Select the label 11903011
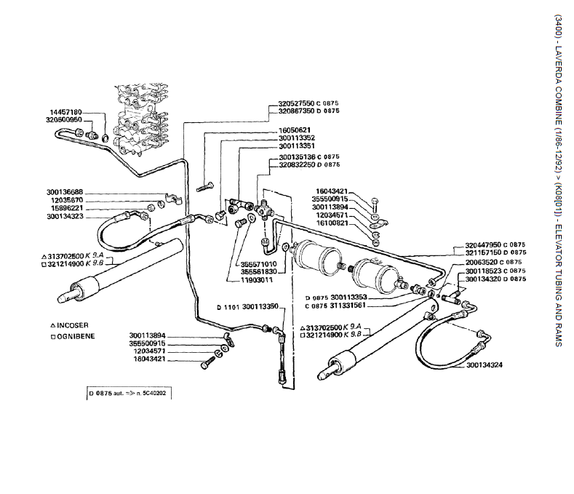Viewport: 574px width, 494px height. pos(258,279)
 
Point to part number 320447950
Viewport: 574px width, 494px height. pos(485,245)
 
